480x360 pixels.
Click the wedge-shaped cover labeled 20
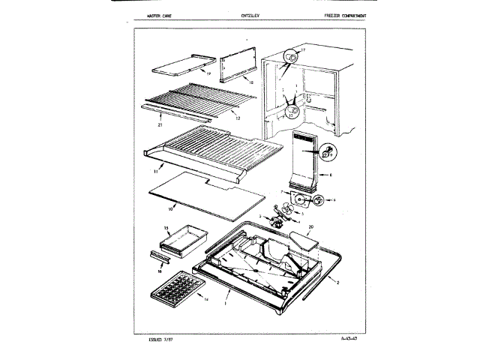tap(303, 241)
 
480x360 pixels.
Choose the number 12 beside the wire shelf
tap(237, 117)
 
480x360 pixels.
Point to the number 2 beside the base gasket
tap(339, 282)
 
